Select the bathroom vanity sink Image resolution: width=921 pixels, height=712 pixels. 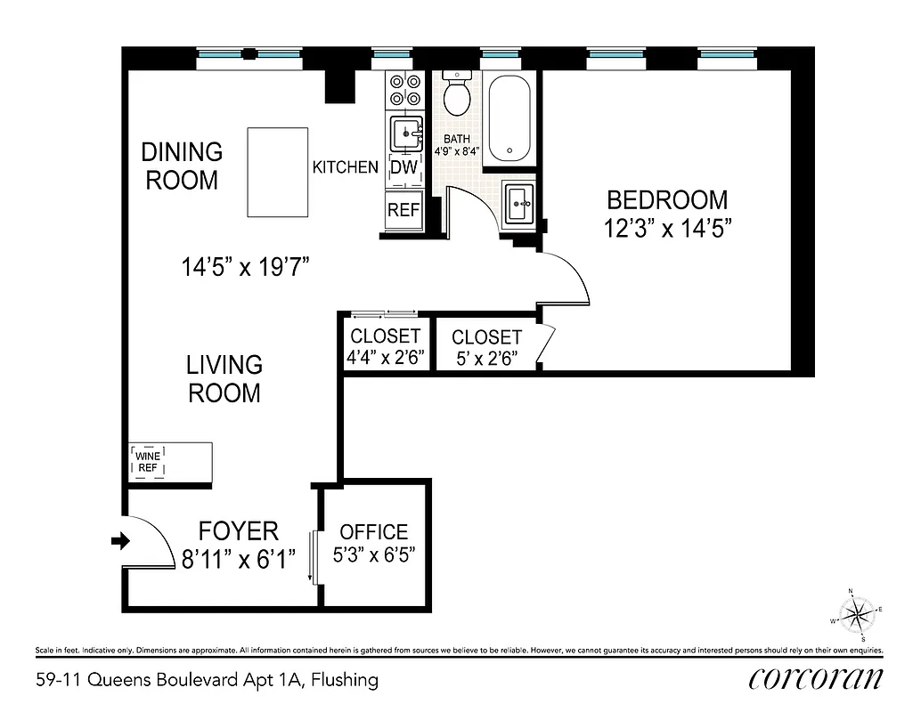point(519,205)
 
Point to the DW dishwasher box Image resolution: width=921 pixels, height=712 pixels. point(404,167)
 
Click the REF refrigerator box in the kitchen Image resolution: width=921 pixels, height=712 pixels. point(404,210)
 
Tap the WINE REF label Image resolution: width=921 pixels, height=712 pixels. point(147,462)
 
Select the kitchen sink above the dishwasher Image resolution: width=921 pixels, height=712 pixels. point(406,134)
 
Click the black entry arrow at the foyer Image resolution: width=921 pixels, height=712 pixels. point(118,539)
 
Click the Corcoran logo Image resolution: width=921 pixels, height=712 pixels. point(815,678)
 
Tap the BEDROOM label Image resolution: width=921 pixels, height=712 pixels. point(667,200)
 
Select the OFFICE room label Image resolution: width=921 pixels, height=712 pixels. point(374,532)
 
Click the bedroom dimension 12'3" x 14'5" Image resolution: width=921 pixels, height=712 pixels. point(667,229)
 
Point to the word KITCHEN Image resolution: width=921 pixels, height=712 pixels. point(345,166)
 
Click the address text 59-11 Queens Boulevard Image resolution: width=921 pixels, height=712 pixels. point(144,680)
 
